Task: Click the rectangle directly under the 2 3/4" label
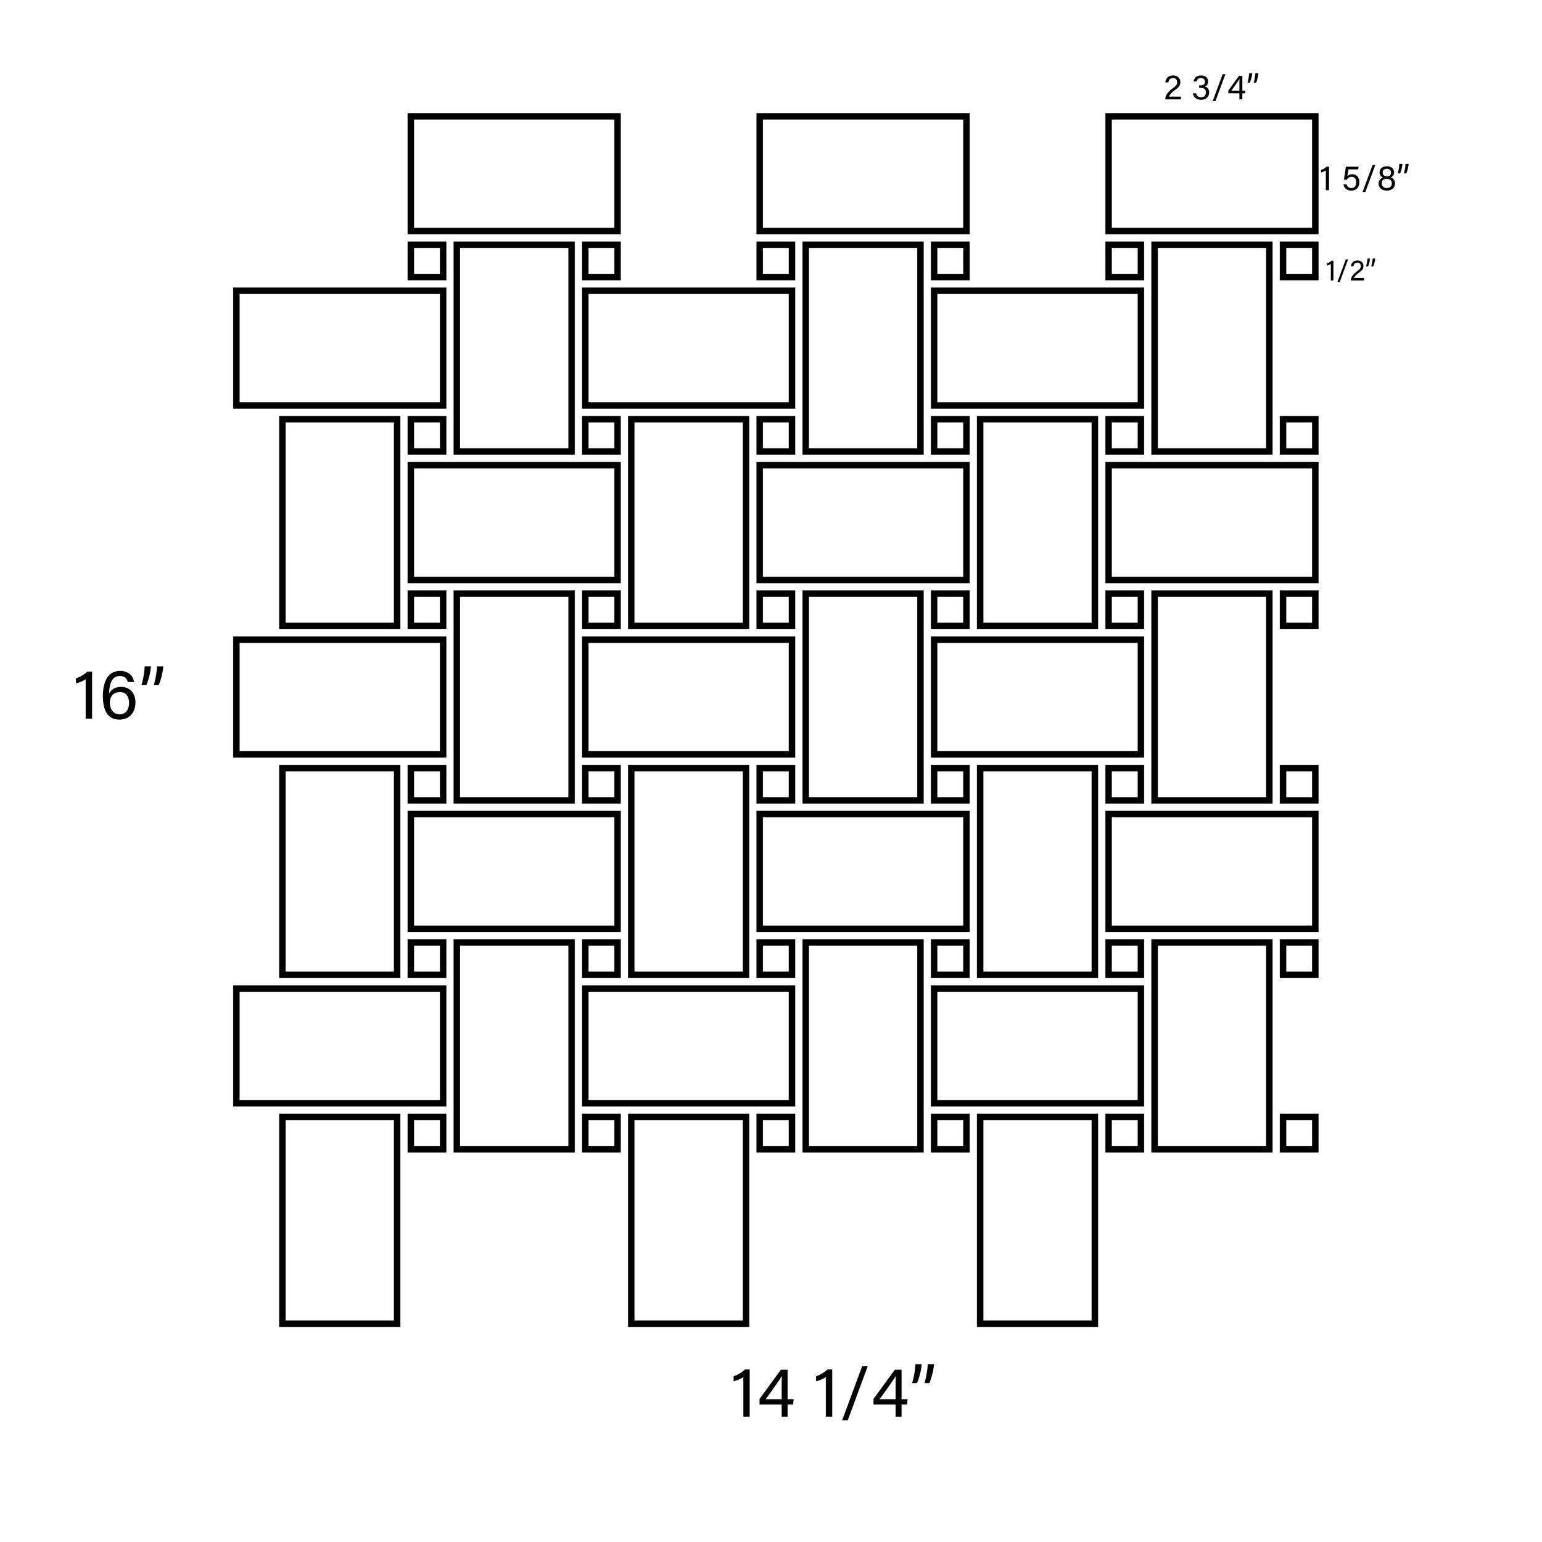tap(1211, 174)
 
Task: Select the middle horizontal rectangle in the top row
tap(863, 174)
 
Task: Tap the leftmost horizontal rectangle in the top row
tap(514, 174)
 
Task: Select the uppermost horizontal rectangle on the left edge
tap(339, 348)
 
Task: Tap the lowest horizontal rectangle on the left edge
tap(339, 1045)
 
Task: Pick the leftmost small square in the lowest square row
tap(427, 1132)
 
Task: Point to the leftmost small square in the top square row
tap(427, 261)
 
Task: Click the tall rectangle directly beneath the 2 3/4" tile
tap(1211, 348)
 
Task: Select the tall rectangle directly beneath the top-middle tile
tap(863, 348)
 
